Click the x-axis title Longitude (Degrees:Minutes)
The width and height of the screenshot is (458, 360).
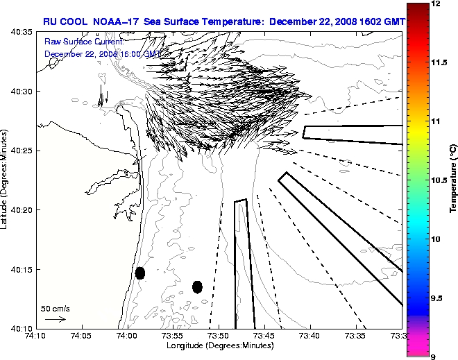(219, 346)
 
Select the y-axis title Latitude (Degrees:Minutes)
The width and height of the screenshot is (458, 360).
(6, 180)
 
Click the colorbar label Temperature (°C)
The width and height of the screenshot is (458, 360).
(452, 180)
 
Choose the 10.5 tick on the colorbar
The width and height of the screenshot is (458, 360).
(437, 180)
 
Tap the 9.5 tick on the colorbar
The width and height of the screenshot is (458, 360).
(436, 298)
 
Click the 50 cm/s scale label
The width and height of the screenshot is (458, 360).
(55, 308)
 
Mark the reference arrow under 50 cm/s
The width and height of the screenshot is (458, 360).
(55, 319)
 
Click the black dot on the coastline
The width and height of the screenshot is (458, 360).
(140, 273)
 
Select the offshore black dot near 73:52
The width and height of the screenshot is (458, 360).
(197, 286)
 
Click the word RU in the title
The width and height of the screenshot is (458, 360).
(50, 22)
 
